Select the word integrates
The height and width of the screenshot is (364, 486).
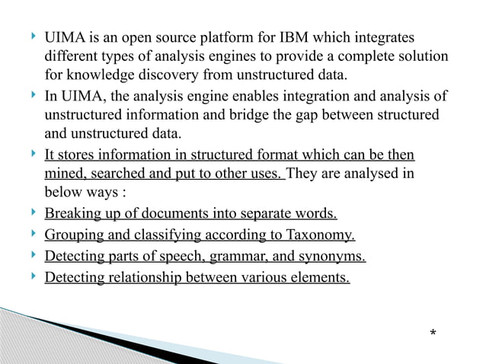click(388, 37)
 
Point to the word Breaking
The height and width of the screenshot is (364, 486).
click(72, 214)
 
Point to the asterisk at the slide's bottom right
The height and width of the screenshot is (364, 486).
click(433, 334)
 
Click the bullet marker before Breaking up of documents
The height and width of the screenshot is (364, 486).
click(30, 212)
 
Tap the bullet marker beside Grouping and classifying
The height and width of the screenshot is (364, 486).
click(30, 233)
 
